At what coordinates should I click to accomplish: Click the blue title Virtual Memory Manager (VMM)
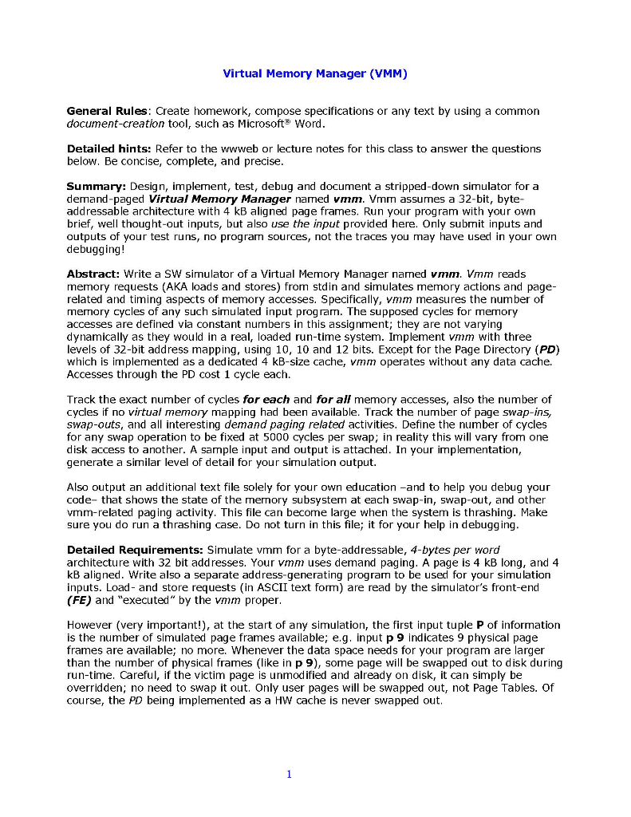coord(315,74)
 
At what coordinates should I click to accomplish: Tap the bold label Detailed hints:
coord(109,148)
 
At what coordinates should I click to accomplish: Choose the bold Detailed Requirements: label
coord(136,550)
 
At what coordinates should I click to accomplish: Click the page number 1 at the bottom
coord(289,773)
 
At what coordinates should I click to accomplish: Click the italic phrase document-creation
coord(115,124)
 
